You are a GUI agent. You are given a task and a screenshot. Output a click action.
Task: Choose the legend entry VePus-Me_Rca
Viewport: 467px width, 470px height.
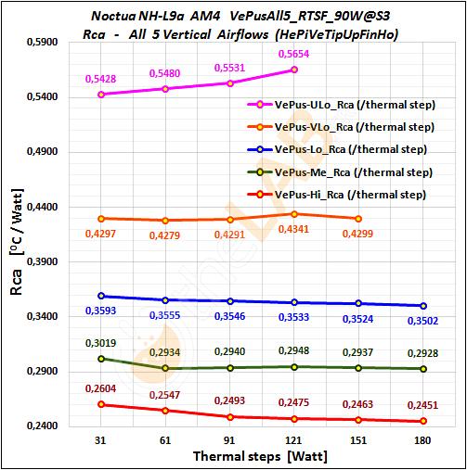click(x=340, y=171)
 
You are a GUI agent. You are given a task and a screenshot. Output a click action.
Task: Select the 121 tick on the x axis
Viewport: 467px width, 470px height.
click(x=294, y=442)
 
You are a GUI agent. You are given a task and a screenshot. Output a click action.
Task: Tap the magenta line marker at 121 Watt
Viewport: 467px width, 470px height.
click(x=294, y=70)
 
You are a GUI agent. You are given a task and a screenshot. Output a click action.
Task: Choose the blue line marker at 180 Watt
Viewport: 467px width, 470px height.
click(x=422, y=306)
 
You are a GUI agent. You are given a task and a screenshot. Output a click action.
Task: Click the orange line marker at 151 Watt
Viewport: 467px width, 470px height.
click(x=358, y=219)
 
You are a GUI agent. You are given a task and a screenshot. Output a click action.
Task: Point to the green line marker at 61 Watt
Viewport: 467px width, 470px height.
click(x=165, y=368)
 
